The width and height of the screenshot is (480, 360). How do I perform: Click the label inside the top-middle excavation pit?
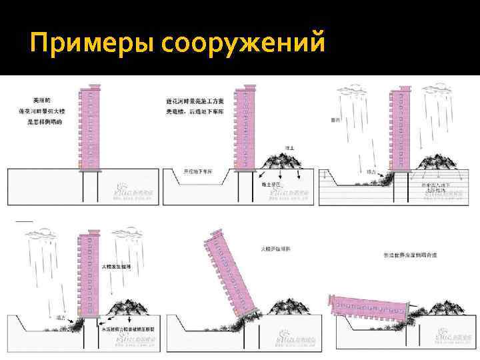click(x=198, y=173)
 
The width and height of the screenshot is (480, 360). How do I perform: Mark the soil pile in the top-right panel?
click(x=437, y=162)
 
